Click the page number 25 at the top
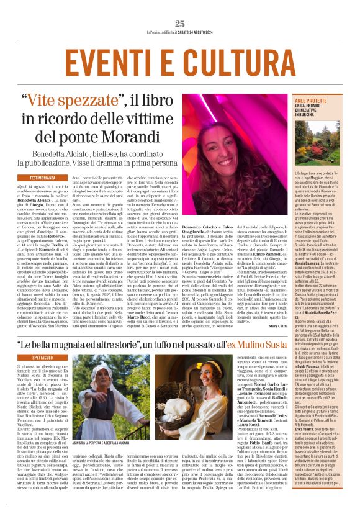pos(180,24)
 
